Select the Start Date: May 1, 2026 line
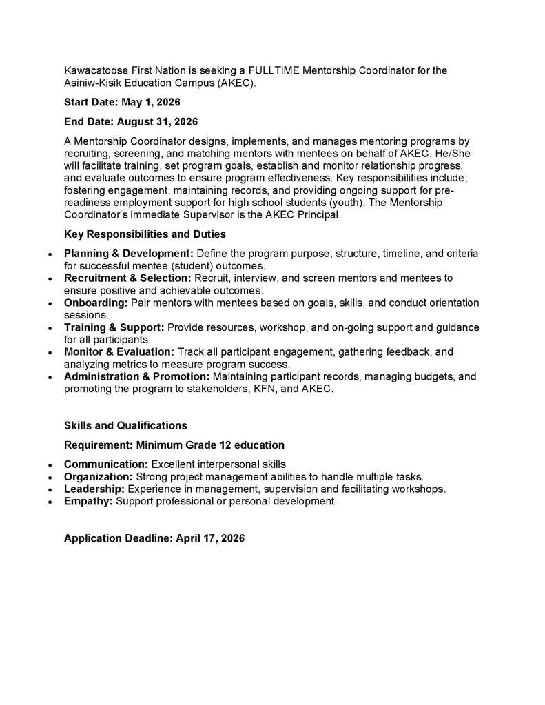click(122, 103)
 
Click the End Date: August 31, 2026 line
click(131, 122)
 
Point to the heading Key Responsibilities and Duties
click(145, 234)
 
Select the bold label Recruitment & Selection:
click(127, 278)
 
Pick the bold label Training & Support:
click(114, 327)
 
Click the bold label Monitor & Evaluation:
click(119, 352)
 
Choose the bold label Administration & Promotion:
click(137, 377)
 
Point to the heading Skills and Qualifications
click(125, 426)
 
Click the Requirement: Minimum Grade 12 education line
click(174, 445)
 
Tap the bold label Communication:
click(106, 464)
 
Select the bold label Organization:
click(99, 477)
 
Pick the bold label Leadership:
click(94, 489)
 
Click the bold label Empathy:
click(88, 502)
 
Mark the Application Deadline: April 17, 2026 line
click(154, 538)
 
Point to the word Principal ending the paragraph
click(318, 215)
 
